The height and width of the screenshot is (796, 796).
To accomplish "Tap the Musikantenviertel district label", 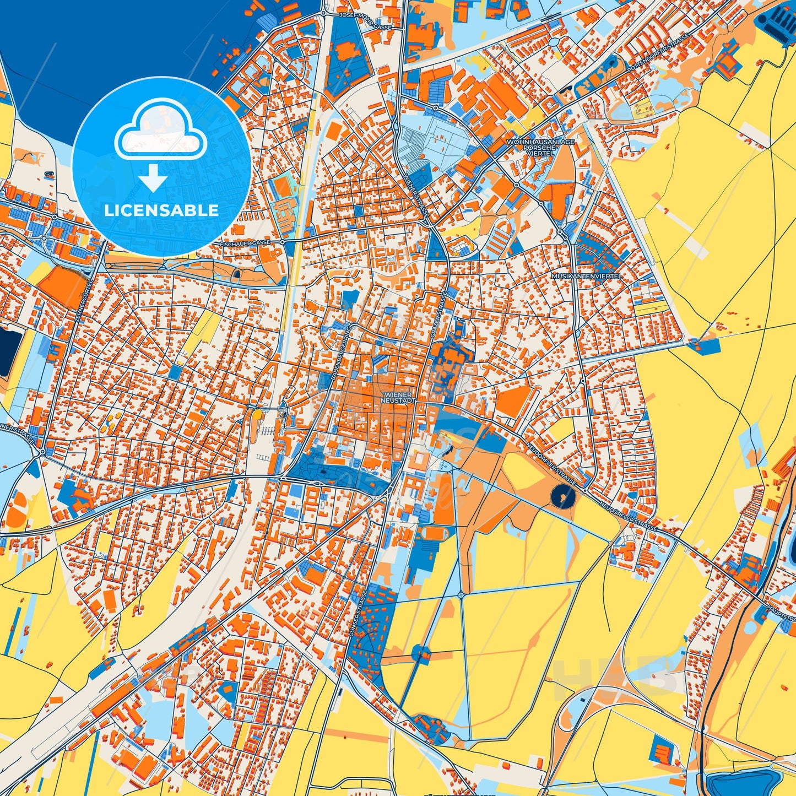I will [x=587, y=275].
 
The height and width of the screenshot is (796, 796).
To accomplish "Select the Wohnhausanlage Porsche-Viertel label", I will [x=540, y=148].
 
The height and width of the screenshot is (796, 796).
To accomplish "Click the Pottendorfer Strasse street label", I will [x=658, y=53].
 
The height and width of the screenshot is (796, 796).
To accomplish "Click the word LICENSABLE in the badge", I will [x=161, y=210].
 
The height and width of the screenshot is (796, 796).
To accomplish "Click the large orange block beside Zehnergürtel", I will [x=62, y=288].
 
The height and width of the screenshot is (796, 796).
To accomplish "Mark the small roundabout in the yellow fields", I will [x=461, y=594].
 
